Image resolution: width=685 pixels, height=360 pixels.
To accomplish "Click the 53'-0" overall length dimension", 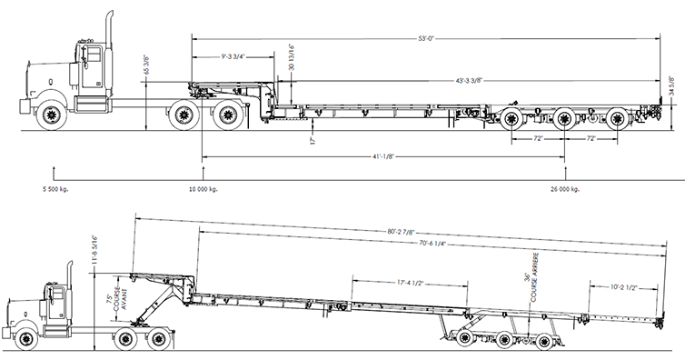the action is (x=426, y=38).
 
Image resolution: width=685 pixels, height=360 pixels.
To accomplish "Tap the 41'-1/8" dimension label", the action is (x=383, y=156).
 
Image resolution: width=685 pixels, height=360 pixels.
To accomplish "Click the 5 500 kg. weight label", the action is (x=55, y=189).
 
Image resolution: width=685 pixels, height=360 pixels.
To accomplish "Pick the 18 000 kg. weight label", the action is (x=204, y=189).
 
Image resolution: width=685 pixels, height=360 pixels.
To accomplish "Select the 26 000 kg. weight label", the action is (x=565, y=189).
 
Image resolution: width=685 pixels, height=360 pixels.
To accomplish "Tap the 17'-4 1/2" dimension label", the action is (x=410, y=283).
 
